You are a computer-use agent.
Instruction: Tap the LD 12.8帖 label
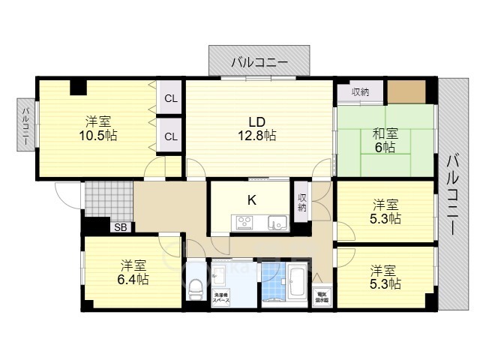coord(258,135)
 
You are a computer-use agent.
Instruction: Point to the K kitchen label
coord(252,199)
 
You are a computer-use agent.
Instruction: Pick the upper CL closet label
coord(171,98)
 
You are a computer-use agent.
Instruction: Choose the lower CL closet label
coord(171,136)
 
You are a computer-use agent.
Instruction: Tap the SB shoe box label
coord(120,227)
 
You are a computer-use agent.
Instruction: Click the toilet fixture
coord(196,285)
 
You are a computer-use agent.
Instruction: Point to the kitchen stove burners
coord(245,222)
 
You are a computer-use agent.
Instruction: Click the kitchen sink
coord(276,222)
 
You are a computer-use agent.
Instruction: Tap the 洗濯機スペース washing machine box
coord(221,297)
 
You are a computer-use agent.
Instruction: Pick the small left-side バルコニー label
coord(25,127)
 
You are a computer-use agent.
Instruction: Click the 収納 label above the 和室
coord(360,92)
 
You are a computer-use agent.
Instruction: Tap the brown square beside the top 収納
coord(406,91)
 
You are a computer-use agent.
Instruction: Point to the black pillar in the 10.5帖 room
coord(78,87)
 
